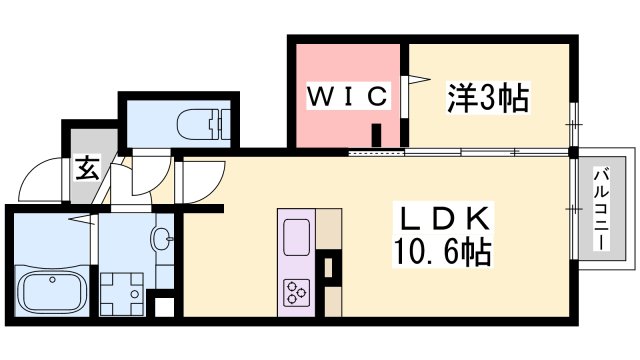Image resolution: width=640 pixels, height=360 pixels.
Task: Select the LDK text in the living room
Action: click(x=445, y=219)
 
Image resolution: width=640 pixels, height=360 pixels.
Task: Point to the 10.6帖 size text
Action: click(x=445, y=252)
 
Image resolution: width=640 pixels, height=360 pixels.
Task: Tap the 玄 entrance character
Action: click(x=87, y=168)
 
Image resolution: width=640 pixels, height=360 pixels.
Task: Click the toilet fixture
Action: click(x=200, y=125)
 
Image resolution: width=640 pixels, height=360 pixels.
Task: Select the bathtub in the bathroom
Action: click(x=52, y=290)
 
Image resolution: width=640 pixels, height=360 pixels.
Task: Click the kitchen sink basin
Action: click(x=298, y=238)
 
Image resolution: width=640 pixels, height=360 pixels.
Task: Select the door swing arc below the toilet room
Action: click(x=143, y=176)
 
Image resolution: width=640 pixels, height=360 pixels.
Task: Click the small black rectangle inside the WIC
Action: click(x=377, y=135)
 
